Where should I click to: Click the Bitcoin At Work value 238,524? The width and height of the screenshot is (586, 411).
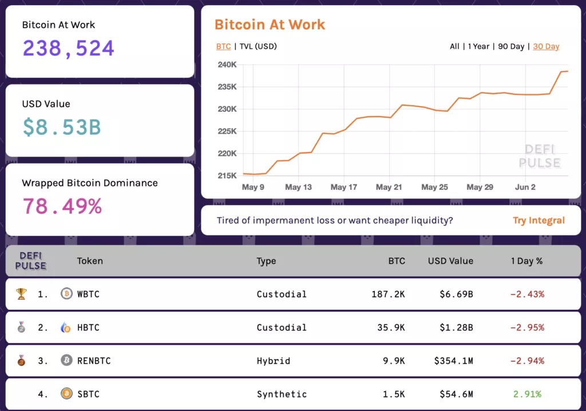(x=69, y=49)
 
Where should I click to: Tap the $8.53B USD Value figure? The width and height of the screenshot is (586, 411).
(x=62, y=127)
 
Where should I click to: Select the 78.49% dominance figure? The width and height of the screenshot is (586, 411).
(x=62, y=206)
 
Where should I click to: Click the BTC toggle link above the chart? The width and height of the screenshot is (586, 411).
(x=223, y=46)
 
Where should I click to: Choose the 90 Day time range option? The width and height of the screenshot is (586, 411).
(x=511, y=46)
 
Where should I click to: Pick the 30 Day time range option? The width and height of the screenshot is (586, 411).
(x=546, y=46)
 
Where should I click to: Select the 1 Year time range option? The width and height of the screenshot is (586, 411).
(x=479, y=46)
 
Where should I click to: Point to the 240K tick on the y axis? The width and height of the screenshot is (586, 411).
(x=227, y=65)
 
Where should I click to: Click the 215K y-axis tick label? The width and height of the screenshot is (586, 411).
(x=227, y=175)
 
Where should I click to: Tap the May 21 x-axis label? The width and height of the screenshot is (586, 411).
(x=389, y=187)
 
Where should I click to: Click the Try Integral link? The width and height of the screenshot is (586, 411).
(x=539, y=221)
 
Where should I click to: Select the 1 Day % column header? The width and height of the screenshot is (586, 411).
(x=526, y=261)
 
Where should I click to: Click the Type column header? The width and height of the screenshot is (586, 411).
(x=266, y=261)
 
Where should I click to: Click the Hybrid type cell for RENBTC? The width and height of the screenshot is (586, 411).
(x=273, y=361)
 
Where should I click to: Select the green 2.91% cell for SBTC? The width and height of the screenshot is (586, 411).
(x=527, y=394)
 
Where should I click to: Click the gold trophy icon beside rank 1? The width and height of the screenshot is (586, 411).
(x=21, y=294)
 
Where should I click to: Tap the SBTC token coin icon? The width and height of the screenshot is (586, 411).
(x=66, y=394)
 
